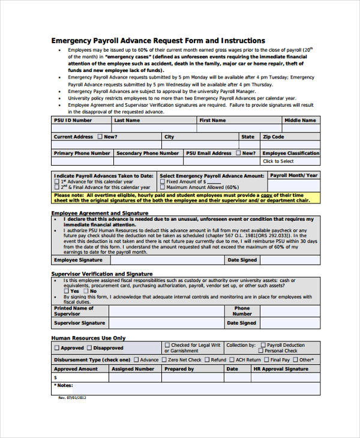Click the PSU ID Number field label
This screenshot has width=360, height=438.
pos(73,120)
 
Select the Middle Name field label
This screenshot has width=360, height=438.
pos(300,120)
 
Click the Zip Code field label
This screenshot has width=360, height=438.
pos(274,137)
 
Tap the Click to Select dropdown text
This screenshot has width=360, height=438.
pos(278,161)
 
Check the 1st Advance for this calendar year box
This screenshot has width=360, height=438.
pos(57,181)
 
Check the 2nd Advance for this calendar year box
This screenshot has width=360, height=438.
pos(57,187)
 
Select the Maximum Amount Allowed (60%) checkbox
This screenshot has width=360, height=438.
pos(163,187)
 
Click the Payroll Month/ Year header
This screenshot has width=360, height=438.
pos(293,176)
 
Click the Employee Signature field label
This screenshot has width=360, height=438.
pos(78,260)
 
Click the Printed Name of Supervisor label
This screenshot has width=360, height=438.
pos(74,311)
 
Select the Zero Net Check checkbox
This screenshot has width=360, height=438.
pos(164,360)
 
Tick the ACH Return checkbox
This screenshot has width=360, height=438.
pos(232,360)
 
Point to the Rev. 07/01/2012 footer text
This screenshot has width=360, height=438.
pos(73,397)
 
